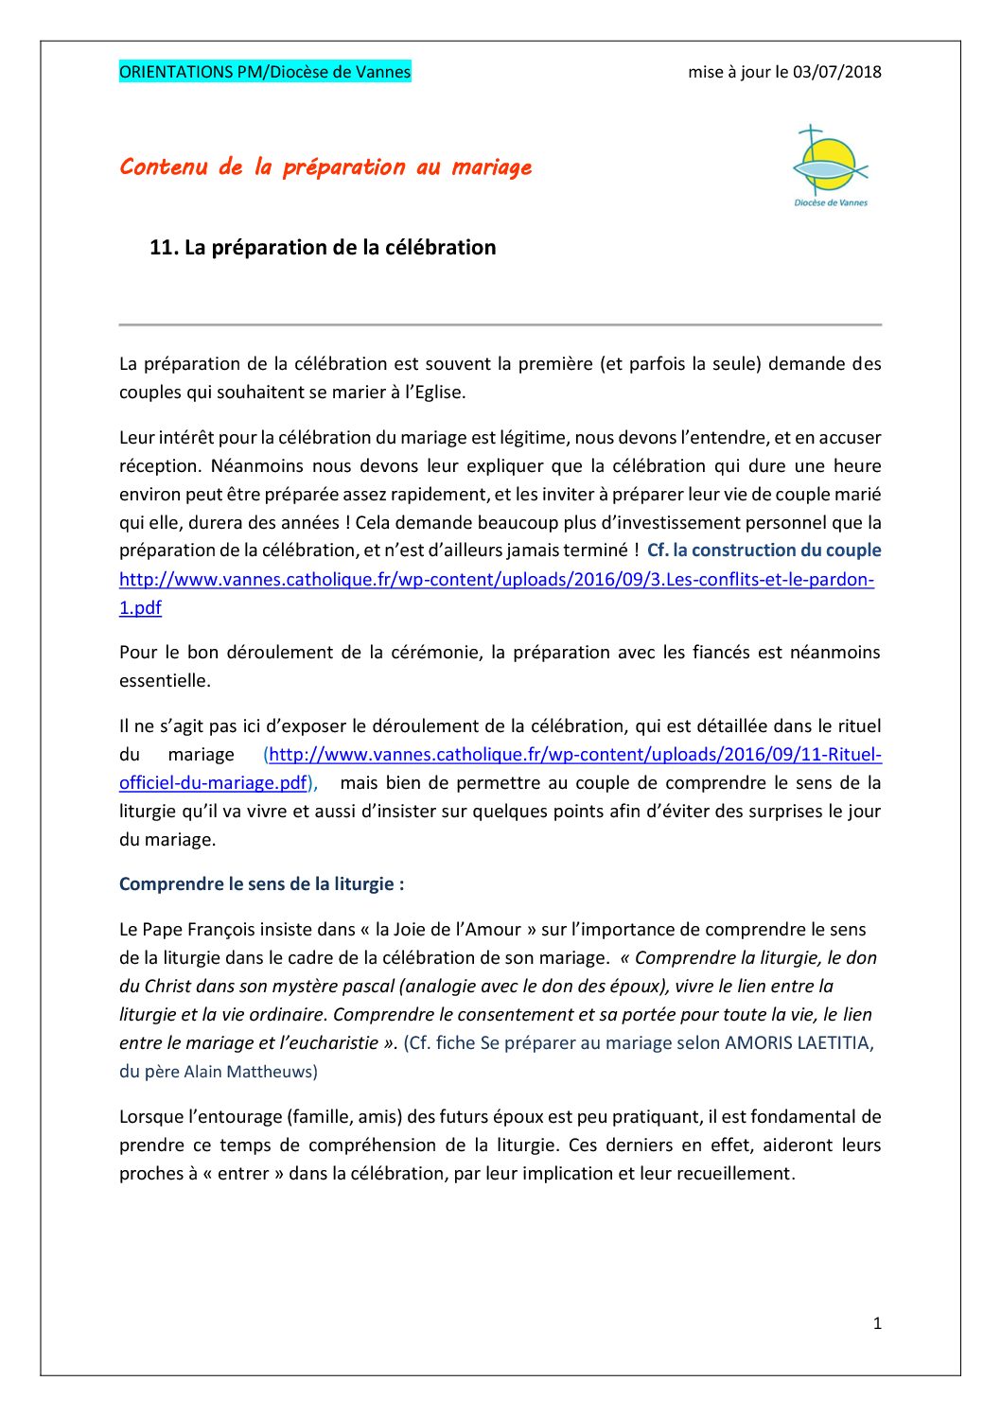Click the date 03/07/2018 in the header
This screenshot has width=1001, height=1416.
click(836, 72)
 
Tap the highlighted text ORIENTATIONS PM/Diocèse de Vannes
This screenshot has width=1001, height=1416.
click(265, 72)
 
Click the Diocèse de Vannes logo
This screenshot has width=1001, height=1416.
click(830, 166)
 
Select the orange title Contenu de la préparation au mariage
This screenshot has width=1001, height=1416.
click(325, 167)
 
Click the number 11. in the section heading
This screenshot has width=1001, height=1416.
click(164, 248)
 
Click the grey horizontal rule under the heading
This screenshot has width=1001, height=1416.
click(500, 324)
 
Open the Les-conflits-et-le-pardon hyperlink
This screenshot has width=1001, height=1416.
click(496, 579)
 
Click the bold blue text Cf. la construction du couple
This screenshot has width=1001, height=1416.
click(764, 551)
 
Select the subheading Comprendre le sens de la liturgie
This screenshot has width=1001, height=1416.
click(261, 884)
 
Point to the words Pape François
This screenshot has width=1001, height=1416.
click(198, 930)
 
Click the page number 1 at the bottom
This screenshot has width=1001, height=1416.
click(877, 1323)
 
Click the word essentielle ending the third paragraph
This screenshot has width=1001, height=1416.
click(164, 681)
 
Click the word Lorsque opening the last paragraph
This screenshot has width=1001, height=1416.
click(149, 1117)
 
